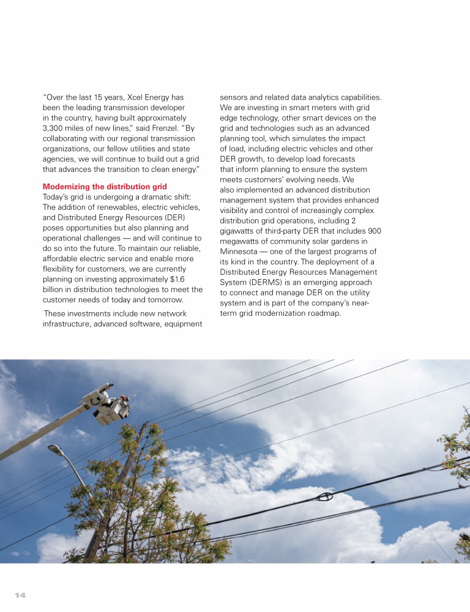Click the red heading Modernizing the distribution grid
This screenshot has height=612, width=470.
point(105,186)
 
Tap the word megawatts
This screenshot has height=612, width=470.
point(242,242)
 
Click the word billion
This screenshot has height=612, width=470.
point(56,289)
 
